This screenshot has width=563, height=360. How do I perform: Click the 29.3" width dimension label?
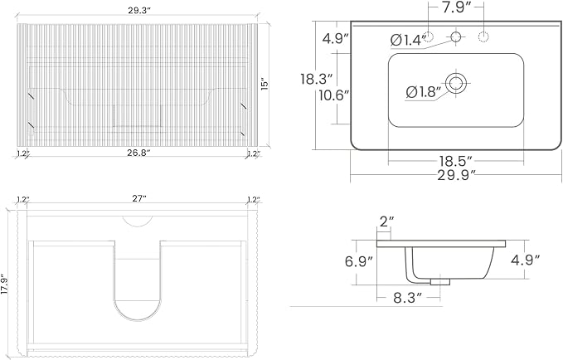click(138, 11)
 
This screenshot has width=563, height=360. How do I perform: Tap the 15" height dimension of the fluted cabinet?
click(265, 84)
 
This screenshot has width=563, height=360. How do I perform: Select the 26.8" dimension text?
click(138, 153)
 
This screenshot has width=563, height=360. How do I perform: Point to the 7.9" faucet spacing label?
click(456, 7)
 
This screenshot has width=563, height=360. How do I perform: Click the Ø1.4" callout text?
click(406, 40)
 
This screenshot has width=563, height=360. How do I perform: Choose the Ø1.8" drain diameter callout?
click(423, 92)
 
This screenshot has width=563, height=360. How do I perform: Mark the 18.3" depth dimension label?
click(317, 79)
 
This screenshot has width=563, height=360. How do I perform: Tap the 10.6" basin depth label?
click(334, 96)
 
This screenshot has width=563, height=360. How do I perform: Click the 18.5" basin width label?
click(455, 161)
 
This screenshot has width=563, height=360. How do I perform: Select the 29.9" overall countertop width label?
click(456, 175)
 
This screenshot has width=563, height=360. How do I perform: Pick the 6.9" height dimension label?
click(359, 261)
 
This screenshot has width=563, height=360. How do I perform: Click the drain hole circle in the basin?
click(456, 83)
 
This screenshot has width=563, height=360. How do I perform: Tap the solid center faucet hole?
click(456, 36)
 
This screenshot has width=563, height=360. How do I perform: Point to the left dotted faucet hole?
click(429, 36)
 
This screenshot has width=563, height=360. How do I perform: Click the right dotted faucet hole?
click(483, 36)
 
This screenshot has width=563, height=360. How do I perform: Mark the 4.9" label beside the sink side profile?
click(526, 260)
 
